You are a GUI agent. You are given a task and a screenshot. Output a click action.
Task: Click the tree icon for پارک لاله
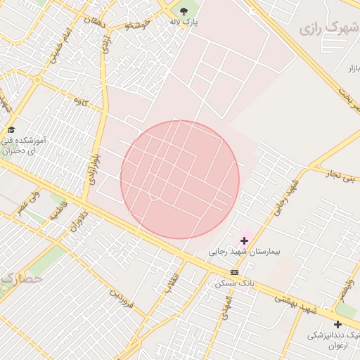coord(184,11)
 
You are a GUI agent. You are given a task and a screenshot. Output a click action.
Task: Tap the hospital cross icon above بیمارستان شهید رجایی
coord(244,240)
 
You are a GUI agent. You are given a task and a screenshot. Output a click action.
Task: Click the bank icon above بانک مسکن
coord(234,272)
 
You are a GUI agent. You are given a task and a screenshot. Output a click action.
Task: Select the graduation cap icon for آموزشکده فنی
coord(11,129)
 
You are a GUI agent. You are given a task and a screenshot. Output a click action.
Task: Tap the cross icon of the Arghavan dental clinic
coord(337,324)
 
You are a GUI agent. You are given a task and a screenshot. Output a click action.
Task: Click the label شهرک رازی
coord(329,29)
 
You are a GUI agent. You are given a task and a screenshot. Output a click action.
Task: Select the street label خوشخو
coord(138,25)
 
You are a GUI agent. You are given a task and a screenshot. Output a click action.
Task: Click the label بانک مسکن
coord(234,283)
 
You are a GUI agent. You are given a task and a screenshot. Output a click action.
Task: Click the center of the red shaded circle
coord(180,179)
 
